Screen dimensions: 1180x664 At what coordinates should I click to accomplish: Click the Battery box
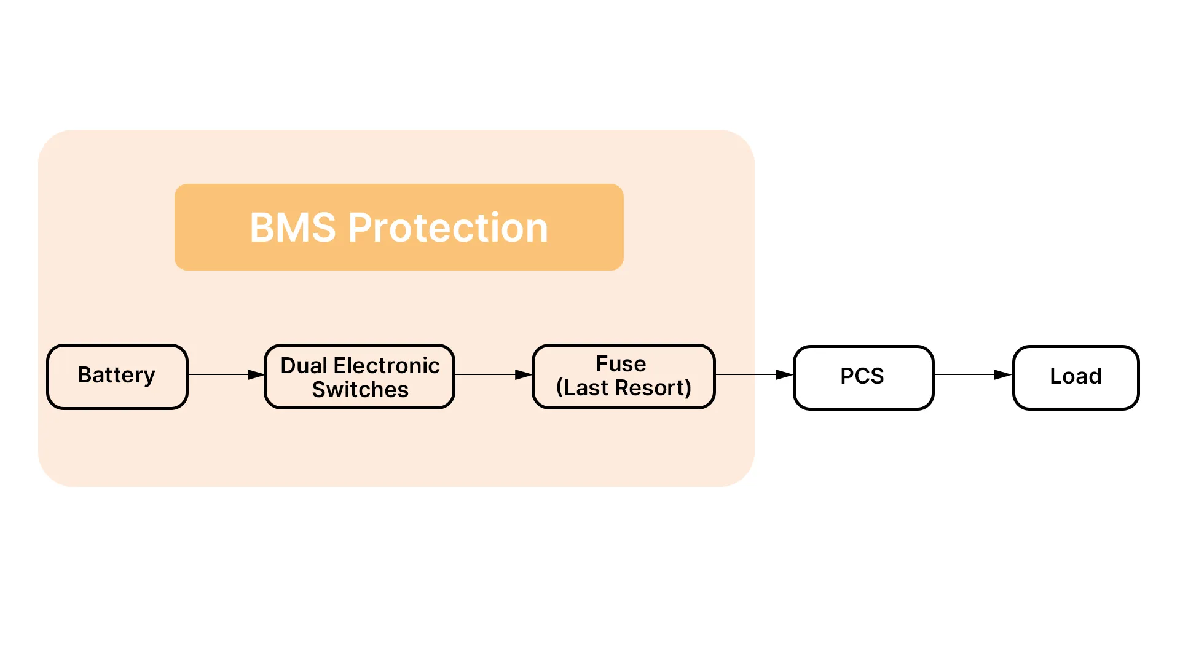[117, 376]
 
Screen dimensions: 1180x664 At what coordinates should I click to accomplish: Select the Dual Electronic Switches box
[360, 376]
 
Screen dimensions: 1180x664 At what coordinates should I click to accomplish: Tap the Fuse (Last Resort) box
[624, 376]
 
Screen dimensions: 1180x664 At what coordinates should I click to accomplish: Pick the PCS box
[863, 377]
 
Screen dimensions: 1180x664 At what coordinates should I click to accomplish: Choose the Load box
[1076, 377]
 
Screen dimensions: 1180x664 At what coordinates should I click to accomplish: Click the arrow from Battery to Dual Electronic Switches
[226, 374]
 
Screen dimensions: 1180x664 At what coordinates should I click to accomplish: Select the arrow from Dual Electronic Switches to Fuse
[494, 374]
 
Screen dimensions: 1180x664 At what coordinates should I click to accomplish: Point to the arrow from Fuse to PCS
[755, 374]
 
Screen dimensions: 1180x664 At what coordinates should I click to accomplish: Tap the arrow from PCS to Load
[974, 374]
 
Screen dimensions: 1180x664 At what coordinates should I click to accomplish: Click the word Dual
[304, 365]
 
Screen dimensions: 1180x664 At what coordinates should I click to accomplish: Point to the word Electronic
[387, 365]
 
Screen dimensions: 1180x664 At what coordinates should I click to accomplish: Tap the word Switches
[360, 390]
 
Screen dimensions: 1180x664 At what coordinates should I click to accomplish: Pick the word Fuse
[621, 364]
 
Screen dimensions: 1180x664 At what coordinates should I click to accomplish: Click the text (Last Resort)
[624, 388]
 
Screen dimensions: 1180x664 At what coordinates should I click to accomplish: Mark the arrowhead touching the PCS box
[785, 374]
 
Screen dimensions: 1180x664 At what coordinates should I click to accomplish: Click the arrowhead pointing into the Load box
[1004, 374]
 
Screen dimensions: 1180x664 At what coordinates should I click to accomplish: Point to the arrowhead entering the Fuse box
[524, 374]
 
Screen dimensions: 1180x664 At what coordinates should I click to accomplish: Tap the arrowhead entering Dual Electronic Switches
[256, 374]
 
